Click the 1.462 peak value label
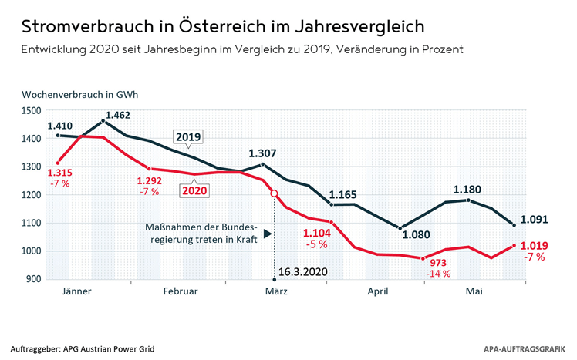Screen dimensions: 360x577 point(118,115)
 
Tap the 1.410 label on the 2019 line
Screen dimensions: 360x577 point(59,125)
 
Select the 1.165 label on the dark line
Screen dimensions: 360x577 point(345,196)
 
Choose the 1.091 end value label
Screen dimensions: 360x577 point(535,219)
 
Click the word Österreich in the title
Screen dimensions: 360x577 point(191,27)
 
